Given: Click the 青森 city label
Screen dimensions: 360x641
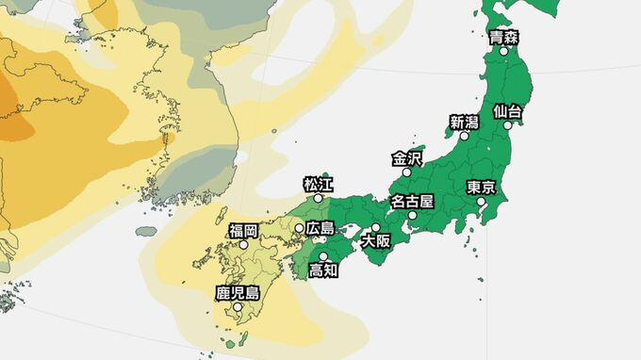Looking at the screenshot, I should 503,38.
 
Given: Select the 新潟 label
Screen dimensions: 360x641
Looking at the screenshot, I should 464,122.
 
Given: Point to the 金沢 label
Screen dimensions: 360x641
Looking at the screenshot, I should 407,158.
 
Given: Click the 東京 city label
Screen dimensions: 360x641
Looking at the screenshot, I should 481,188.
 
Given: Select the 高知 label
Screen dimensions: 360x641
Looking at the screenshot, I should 323,270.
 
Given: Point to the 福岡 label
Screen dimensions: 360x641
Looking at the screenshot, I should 243,230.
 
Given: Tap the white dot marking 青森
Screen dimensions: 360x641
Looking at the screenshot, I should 503,51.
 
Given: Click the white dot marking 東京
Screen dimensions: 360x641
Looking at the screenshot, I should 481,201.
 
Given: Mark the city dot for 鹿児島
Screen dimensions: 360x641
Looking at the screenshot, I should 238,306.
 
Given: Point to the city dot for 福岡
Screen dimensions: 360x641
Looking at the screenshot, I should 243,244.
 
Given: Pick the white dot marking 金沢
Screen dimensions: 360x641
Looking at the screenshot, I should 407,172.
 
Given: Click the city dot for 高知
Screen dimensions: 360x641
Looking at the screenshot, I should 323,256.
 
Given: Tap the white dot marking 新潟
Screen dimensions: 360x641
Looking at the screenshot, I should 464,136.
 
